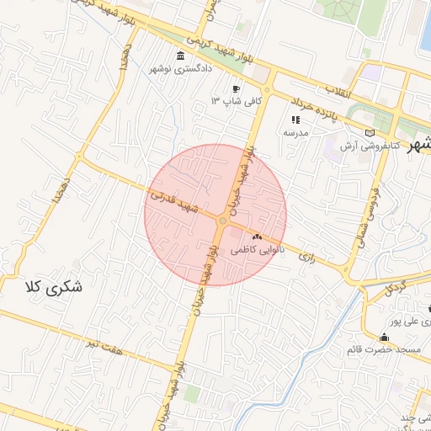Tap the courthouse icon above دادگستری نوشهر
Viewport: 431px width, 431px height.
pos(180,56)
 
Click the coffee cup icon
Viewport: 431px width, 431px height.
pos(237,88)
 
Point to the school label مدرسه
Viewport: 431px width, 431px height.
pos(295,132)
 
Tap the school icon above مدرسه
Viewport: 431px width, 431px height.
pos(295,120)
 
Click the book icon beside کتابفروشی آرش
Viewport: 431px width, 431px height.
pos(371,132)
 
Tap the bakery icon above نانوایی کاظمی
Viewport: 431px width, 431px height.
pos(269,238)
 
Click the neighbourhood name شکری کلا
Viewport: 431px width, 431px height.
pos(55,286)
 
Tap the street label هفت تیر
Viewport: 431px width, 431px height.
pos(107,344)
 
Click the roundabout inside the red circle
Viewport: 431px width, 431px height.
pos(221,221)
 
